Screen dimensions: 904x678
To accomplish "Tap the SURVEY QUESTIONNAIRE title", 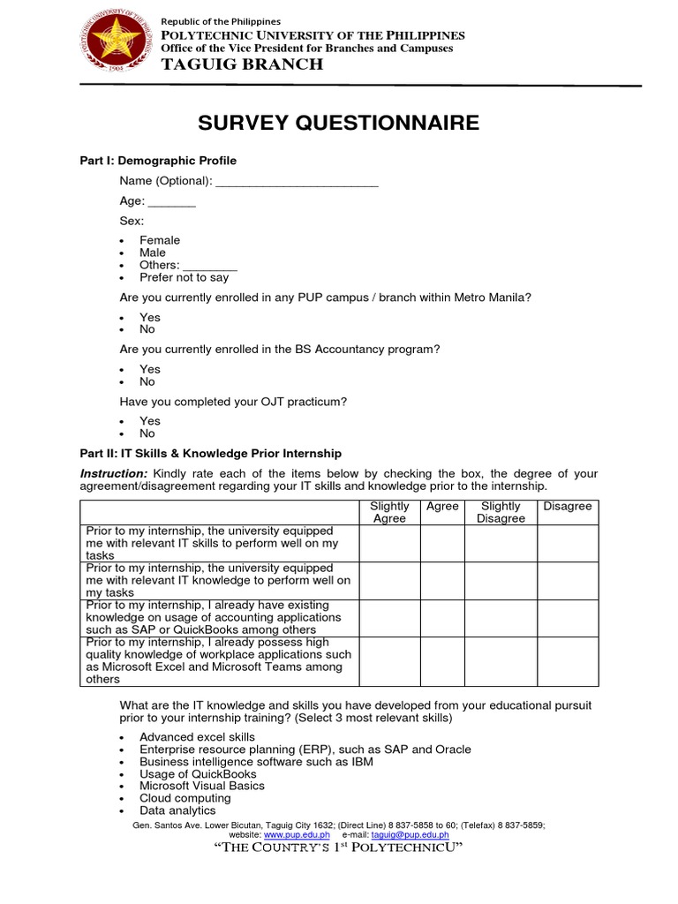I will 338,123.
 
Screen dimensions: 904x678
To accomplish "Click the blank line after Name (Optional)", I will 297,182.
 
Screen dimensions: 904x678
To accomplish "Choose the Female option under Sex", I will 159,240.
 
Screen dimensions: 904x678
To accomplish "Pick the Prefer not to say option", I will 184,277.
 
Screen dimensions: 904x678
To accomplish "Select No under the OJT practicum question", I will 147,433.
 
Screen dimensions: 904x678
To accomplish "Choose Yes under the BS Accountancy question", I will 149,369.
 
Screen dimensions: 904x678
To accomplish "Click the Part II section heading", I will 210,453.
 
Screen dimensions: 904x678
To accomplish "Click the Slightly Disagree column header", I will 501,512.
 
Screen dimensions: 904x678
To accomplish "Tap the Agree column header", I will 442,506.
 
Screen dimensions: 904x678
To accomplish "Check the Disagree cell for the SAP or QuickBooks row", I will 568,618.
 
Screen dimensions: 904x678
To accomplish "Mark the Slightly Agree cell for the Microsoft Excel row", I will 389,661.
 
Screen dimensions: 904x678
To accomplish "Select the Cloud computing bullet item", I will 185,798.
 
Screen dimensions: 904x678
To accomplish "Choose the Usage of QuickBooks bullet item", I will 198,773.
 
